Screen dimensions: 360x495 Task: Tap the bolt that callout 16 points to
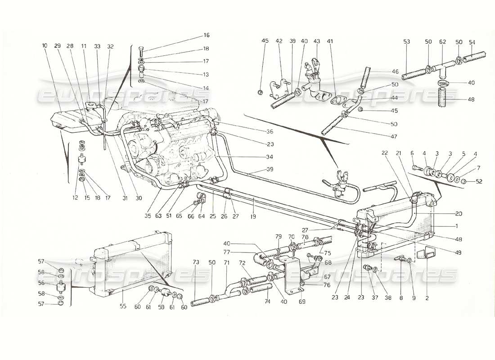click(x=141, y=52)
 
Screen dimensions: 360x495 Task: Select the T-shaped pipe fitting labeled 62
click(x=443, y=69)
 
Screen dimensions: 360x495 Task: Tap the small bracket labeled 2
click(x=423, y=254)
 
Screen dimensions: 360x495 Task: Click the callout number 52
click(x=467, y=181)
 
